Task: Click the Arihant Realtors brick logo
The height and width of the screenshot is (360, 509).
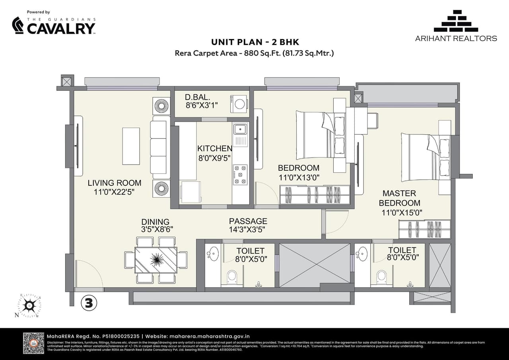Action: click(456, 21)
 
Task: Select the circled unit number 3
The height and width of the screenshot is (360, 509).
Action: click(89, 303)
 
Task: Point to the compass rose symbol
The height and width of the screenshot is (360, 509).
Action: click(29, 306)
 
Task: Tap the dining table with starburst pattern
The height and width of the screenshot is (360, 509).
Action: click(156, 260)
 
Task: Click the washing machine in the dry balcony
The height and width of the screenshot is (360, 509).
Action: click(239, 104)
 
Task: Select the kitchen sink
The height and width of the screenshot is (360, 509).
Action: click(240, 129)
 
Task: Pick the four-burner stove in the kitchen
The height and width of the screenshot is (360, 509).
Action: click(240, 175)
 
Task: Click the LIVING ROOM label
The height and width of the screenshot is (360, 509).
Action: click(115, 183)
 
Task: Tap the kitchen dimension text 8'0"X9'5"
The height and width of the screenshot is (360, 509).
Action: click(215, 158)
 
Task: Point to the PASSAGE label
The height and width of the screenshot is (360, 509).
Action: click(248, 221)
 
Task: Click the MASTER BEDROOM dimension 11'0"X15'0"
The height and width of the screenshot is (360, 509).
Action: click(402, 213)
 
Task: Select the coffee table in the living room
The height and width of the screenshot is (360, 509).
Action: click(131, 146)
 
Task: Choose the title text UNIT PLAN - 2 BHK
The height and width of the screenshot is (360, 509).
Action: click(254, 42)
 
